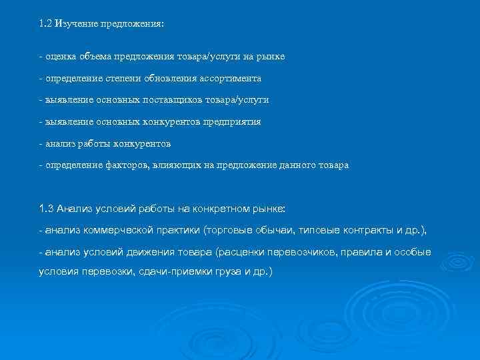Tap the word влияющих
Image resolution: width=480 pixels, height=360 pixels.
point(169,165)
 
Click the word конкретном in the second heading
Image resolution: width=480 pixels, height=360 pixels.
point(220,209)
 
